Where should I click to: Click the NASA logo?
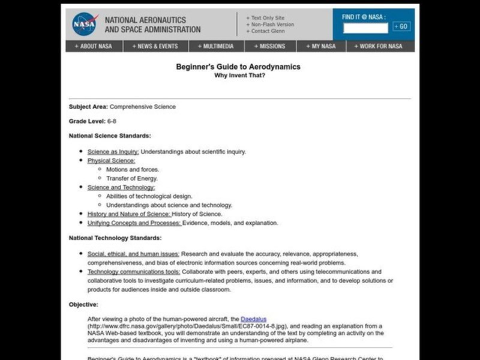point(85,23)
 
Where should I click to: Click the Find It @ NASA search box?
point(365,28)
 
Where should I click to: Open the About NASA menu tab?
point(94,46)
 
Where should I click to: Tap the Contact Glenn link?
point(268,31)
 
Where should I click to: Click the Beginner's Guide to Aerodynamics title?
point(238,67)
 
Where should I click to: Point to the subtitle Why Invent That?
point(238,76)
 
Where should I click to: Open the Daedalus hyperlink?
point(253,318)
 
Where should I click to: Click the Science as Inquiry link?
point(113,152)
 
